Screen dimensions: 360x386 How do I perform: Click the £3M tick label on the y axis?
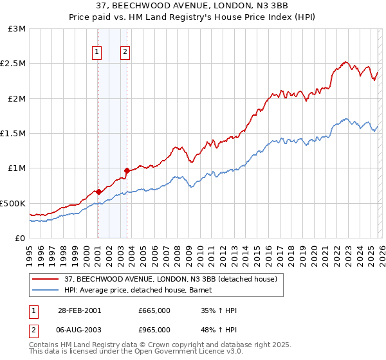17,29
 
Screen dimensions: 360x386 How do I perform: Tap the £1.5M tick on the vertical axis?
14,134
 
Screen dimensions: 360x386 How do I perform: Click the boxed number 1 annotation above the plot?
97,52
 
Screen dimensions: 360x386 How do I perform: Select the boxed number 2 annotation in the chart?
125,52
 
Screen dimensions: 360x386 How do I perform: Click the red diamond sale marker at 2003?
127,171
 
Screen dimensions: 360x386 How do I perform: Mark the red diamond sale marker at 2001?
98,192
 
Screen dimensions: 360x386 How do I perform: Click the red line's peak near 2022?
345,62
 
